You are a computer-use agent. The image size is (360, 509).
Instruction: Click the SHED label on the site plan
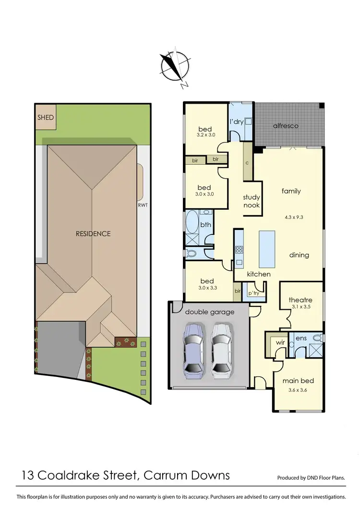(46, 117)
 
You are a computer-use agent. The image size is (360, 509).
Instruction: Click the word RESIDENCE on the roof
(93, 234)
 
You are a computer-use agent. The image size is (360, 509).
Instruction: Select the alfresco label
(286, 126)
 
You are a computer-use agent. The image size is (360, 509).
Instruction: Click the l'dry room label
(237, 122)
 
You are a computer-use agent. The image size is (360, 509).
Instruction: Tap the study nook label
(251, 201)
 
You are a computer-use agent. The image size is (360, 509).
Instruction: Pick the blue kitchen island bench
(267, 249)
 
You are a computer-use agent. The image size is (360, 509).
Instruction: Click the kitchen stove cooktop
(239, 250)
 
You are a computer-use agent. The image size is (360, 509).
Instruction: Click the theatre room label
(300, 300)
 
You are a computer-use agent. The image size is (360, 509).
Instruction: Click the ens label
(301, 339)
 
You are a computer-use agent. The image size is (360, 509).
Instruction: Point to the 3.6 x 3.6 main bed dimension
(298, 390)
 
